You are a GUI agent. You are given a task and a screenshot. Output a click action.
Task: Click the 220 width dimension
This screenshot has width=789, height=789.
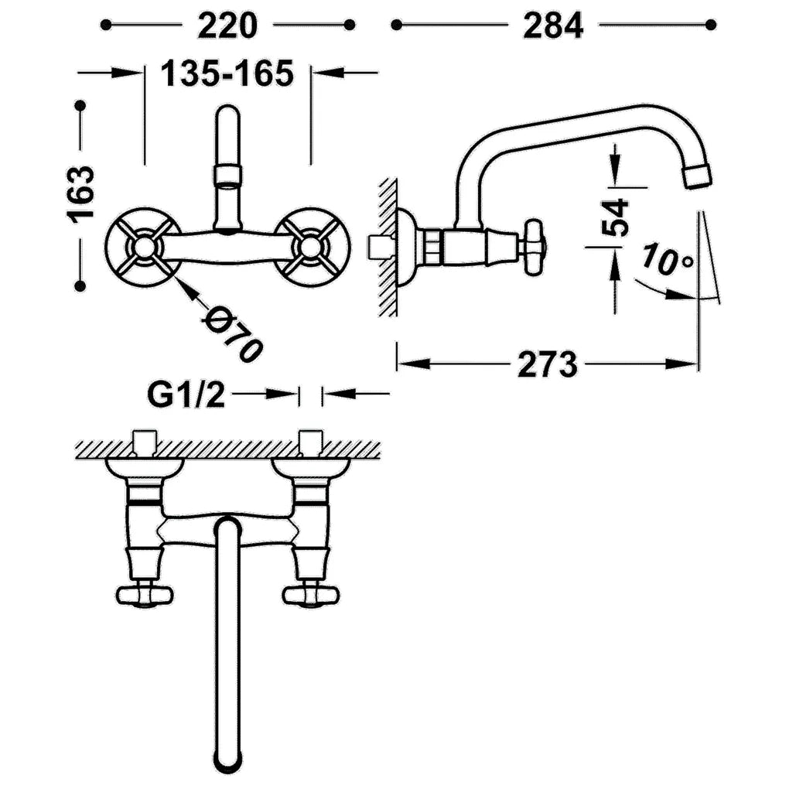[227, 26]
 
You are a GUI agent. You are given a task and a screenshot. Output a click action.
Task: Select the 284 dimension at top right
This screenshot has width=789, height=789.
[553, 26]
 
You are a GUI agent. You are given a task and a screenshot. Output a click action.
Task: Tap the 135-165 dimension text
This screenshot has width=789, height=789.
[227, 73]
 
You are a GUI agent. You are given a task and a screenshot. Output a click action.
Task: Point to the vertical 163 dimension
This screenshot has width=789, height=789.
[80, 192]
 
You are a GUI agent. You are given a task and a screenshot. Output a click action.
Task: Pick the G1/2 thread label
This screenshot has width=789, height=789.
[186, 395]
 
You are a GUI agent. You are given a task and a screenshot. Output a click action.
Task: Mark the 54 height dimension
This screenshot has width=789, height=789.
[616, 217]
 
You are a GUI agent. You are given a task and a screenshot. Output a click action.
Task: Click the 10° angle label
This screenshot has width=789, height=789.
[668, 260]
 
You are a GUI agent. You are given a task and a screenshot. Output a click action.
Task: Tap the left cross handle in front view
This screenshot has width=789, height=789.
[144, 247]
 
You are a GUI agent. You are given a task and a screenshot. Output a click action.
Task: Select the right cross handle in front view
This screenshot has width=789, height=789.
[311, 247]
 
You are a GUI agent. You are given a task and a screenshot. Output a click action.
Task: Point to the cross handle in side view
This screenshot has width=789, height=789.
[535, 247]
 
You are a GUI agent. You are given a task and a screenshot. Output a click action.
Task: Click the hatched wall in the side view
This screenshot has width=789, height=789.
[388, 247]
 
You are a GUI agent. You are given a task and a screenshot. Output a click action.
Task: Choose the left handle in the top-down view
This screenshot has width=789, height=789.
[145, 596]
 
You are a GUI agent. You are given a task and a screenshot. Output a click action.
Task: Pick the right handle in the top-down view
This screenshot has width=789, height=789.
[311, 596]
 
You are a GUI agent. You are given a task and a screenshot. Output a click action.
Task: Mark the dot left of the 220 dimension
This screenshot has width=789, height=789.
[106, 25]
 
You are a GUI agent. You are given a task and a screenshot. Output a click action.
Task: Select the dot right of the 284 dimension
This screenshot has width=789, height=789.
[711, 25]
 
